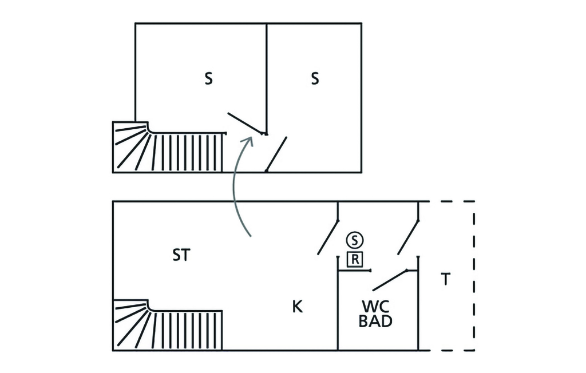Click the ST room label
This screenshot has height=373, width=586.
(181, 255)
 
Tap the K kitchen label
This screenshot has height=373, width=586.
(297, 307)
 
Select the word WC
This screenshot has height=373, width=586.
(375, 307)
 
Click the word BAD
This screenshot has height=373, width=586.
(375, 321)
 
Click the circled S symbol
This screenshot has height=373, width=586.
(355, 240)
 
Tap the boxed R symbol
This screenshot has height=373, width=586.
(355, 260)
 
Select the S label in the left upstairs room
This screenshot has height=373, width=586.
(208, 79)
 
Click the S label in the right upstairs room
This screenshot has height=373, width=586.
(315, 79)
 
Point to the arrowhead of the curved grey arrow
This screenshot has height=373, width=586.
(248, 142)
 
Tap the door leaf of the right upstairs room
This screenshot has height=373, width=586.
(276, 154)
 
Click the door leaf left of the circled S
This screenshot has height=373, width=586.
(328, 237)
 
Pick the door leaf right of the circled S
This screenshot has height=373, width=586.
(408, 237)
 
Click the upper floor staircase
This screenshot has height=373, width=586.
(168, 147)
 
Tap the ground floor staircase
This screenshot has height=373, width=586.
(168, 325)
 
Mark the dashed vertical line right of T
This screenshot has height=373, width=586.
(474, 276)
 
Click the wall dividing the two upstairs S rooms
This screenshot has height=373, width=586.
(267, 78)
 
